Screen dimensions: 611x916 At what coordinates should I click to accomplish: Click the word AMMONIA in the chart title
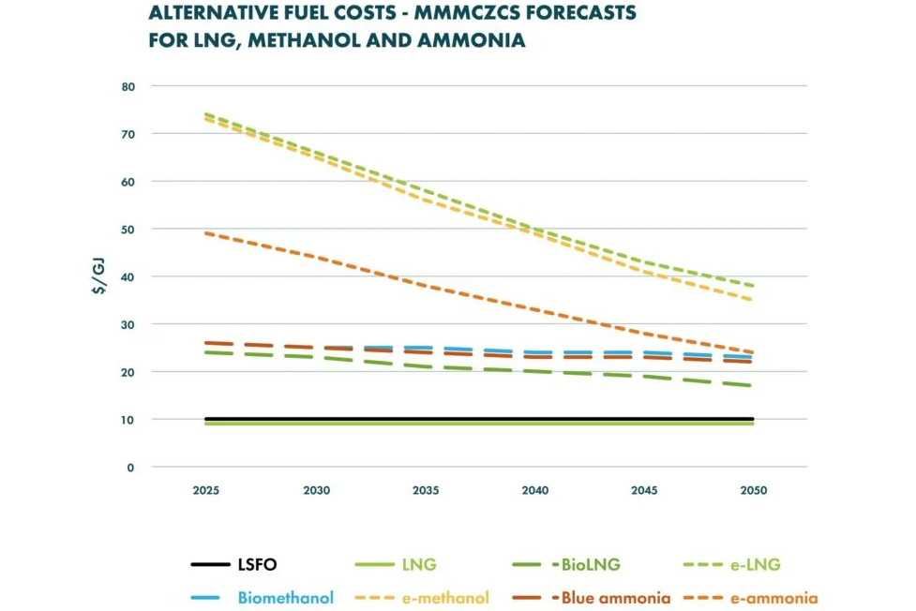tap(476, 41)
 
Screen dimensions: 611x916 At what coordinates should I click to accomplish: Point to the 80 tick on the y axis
tap(128, 86)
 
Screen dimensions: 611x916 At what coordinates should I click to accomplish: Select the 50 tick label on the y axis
tap(128, 229)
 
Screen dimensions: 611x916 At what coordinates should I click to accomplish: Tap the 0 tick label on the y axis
tap(131, 467)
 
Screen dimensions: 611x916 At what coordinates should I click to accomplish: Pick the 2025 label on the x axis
tap(206, 490)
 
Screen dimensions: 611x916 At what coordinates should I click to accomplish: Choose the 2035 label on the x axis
tap(426, 490)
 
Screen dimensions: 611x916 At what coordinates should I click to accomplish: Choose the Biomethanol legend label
tap(285, 598)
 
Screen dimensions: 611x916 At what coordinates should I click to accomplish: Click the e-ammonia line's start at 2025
tap(206, 233)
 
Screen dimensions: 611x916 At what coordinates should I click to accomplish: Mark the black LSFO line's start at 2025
tap(206, 419)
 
